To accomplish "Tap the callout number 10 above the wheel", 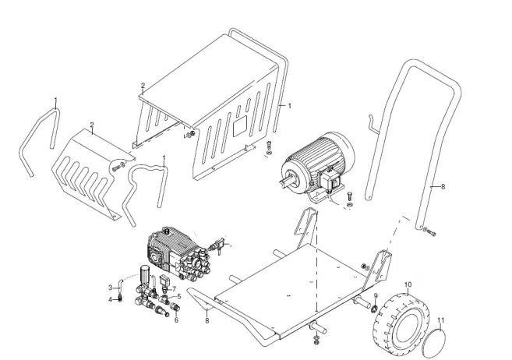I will click(407, 285).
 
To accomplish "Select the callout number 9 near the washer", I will click(374, 297).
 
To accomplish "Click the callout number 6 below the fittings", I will click(179, 297).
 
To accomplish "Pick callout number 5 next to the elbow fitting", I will click(176, 319).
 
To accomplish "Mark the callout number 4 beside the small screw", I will click(110, 298).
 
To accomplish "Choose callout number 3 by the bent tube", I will click(110, 288).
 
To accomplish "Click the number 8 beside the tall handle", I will click(443, 187).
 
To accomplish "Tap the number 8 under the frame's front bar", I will click(207, 318).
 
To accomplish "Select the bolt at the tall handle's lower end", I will click(431, 231).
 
